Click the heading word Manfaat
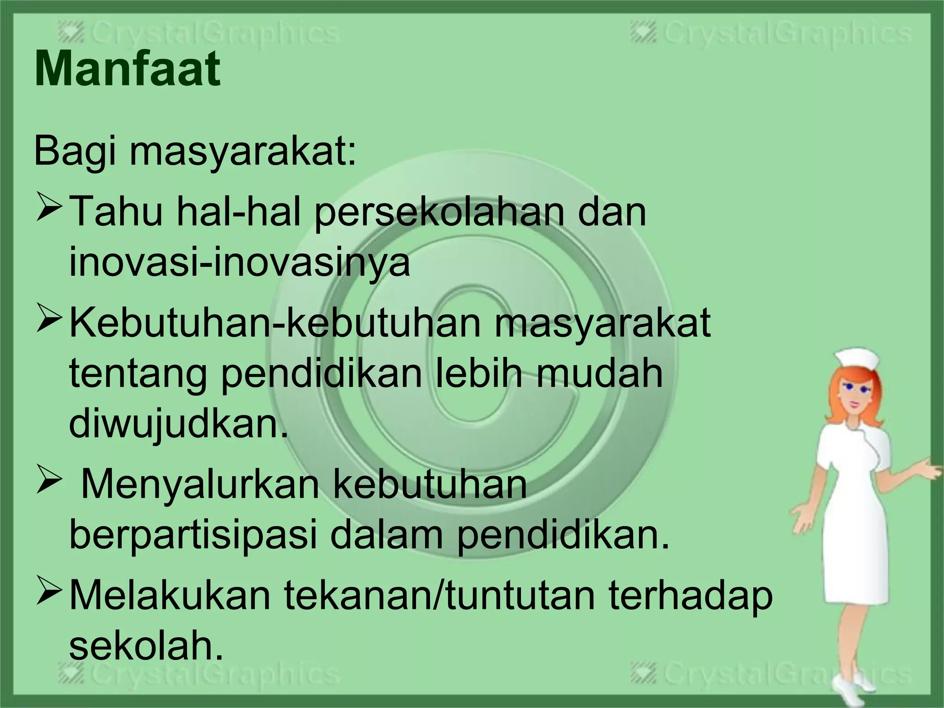pyautogui.click(x=127, y=70)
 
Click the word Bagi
pyautogui.click(x=74, y=152)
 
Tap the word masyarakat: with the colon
pyautogui.click(x=243, y=152)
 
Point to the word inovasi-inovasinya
pyautogui.click(x=239, y=263)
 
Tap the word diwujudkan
pyautogui.click(x=178, y=424)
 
